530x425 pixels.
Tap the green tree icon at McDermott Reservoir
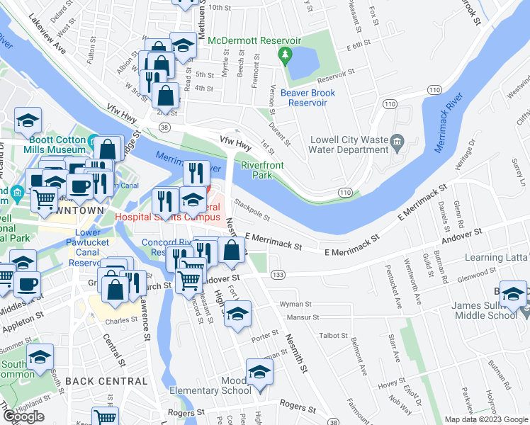pyautogui.click(x=286, y=55)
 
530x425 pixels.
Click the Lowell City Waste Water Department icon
pyautogui.click(x=397, y=144)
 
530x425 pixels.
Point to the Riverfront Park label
pyautogui.click(x=256, y=169)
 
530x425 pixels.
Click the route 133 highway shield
pyautogui.click(x=278, y=274)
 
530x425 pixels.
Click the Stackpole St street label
pyautogui.click(x=253, y=210)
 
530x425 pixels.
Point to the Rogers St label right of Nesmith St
pyautogui.click(x=297, y=407)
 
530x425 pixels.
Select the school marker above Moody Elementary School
pyautogui.click(x=259, y=372)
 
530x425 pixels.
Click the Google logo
pyautogui.click(x=24, y=416)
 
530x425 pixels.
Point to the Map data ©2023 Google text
pyautogui.click(x=486, y=419)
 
